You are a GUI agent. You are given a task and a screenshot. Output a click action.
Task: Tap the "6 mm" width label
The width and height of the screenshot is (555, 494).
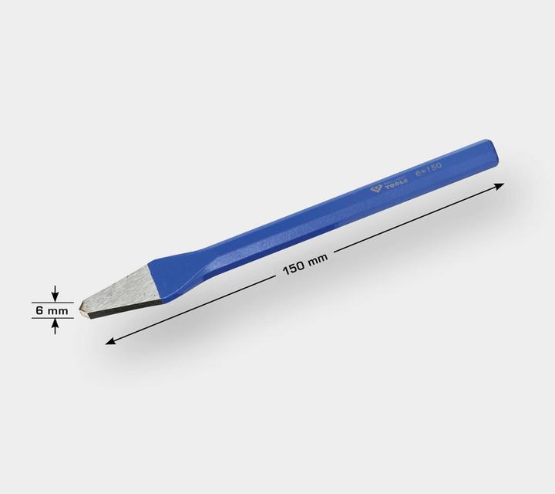click(52, 310)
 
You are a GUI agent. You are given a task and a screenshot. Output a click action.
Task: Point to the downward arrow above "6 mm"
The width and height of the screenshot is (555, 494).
click(55, 293)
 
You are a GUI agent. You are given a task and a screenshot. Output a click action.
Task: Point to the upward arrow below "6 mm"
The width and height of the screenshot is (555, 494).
click(55, 327)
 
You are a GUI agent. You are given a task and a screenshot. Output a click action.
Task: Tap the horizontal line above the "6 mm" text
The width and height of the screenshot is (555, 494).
click(52, 301)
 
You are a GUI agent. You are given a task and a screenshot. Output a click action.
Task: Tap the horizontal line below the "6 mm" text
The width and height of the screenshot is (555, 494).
click(52, 320)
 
